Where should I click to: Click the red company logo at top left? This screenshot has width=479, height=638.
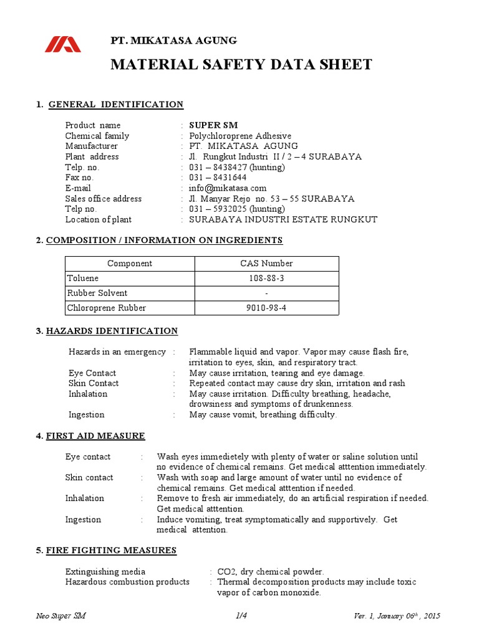click(x=62, y=44)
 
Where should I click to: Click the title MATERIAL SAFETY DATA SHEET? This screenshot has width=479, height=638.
click(x=241, y=64)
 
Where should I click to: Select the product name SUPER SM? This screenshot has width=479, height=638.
click(x=213, y=125)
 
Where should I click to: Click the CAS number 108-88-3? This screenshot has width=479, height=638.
click(x=268, y=279)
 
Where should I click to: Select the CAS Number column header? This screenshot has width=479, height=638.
click(x=268, y=264)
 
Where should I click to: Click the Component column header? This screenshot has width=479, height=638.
click(x=130, y=264)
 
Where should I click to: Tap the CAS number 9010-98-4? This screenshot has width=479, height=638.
click(x=268, y=308)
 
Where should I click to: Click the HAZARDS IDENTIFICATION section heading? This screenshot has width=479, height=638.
click(x=112, y=331)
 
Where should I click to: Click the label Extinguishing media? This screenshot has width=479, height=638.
click(x=105, y=571)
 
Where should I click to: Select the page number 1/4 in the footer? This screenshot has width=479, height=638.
click(x=242, y=616)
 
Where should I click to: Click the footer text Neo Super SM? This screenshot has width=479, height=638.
click(x=61, y=616)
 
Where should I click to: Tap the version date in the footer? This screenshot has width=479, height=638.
click(x=397, y=616)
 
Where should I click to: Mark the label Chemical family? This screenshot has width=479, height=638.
click(x=97, y=136)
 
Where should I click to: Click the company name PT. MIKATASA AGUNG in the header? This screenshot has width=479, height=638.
click(x=173, y=40)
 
